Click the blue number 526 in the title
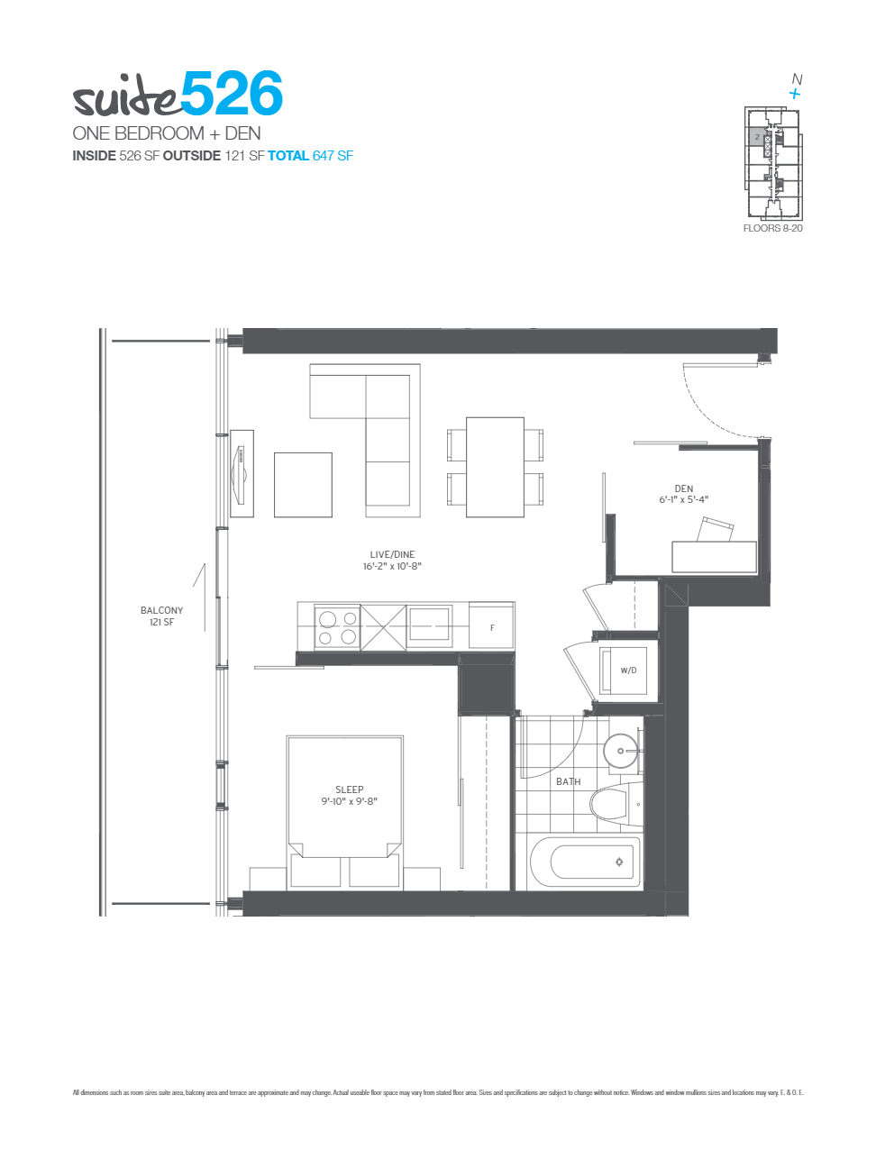point(232,94)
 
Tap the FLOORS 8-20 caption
point(772,229)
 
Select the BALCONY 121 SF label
point(161,616)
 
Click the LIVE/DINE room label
point(392,555)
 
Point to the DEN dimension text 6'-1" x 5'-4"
point(684,499)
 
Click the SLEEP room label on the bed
point(350,789)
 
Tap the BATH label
point(568,781)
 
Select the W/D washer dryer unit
point(624,671)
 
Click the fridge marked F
point(492,627)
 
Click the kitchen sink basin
point(430,624)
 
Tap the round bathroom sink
point(621,751)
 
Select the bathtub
point(586,862)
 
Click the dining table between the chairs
point(495,467)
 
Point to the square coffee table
point(303,485)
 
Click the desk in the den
point(714,557)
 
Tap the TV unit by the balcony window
point(242,473)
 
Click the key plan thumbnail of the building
point(772,163)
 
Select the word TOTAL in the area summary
point(288,156)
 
